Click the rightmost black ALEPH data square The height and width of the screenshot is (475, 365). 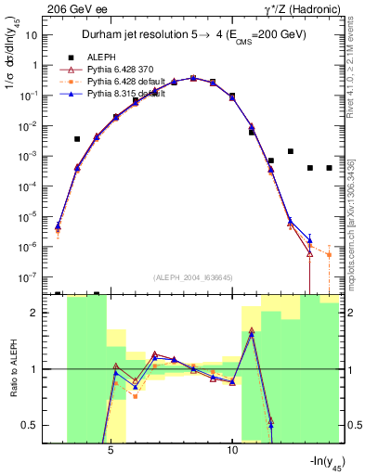(329, 168)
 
